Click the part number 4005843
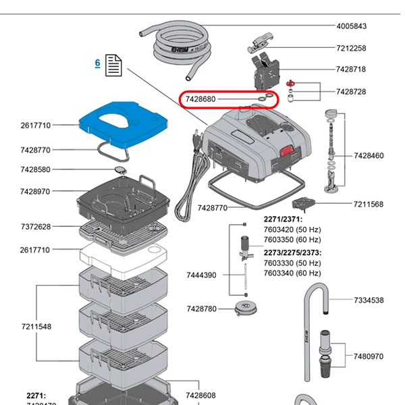(x=352, y=26)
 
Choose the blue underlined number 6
(x=97, y=63)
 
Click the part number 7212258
(x=351, y=49)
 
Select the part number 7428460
(x=369, y=156)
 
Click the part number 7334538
(x=369, y=300)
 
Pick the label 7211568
(x=369, y=205)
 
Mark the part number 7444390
(x=201, y=275)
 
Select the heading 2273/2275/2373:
(x=292, y=252)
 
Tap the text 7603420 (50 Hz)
(x=292, y=230)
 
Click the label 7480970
(x=369, y=356)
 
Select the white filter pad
(x=122, y=256)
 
